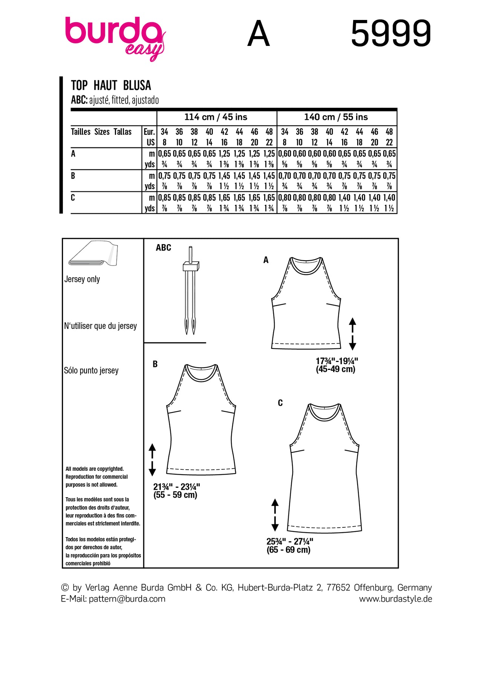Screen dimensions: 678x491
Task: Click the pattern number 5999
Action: click(391, 34)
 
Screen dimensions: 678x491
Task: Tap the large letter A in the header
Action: click(259, 34)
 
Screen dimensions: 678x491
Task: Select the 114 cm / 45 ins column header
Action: click(216, 117)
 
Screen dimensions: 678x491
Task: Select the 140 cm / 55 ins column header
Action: click(336, 117)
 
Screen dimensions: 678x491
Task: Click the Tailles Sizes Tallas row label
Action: click(101, 132)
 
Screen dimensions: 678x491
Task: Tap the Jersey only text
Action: click(82, 279)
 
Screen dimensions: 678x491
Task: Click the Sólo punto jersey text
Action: click(91, 371)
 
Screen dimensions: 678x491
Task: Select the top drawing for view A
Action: click(306, 303)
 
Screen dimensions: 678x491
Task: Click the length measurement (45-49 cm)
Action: click(335, 369)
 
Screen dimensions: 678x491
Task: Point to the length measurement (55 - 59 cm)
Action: click(175, 495)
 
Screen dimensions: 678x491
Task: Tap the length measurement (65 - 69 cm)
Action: click(289, 550)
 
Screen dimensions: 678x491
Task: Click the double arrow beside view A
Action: click(352, 334)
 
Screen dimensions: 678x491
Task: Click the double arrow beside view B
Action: click(152, 460)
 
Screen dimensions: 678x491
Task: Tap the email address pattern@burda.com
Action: click(127, 599)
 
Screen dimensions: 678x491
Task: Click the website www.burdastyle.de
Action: click(395, 599)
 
